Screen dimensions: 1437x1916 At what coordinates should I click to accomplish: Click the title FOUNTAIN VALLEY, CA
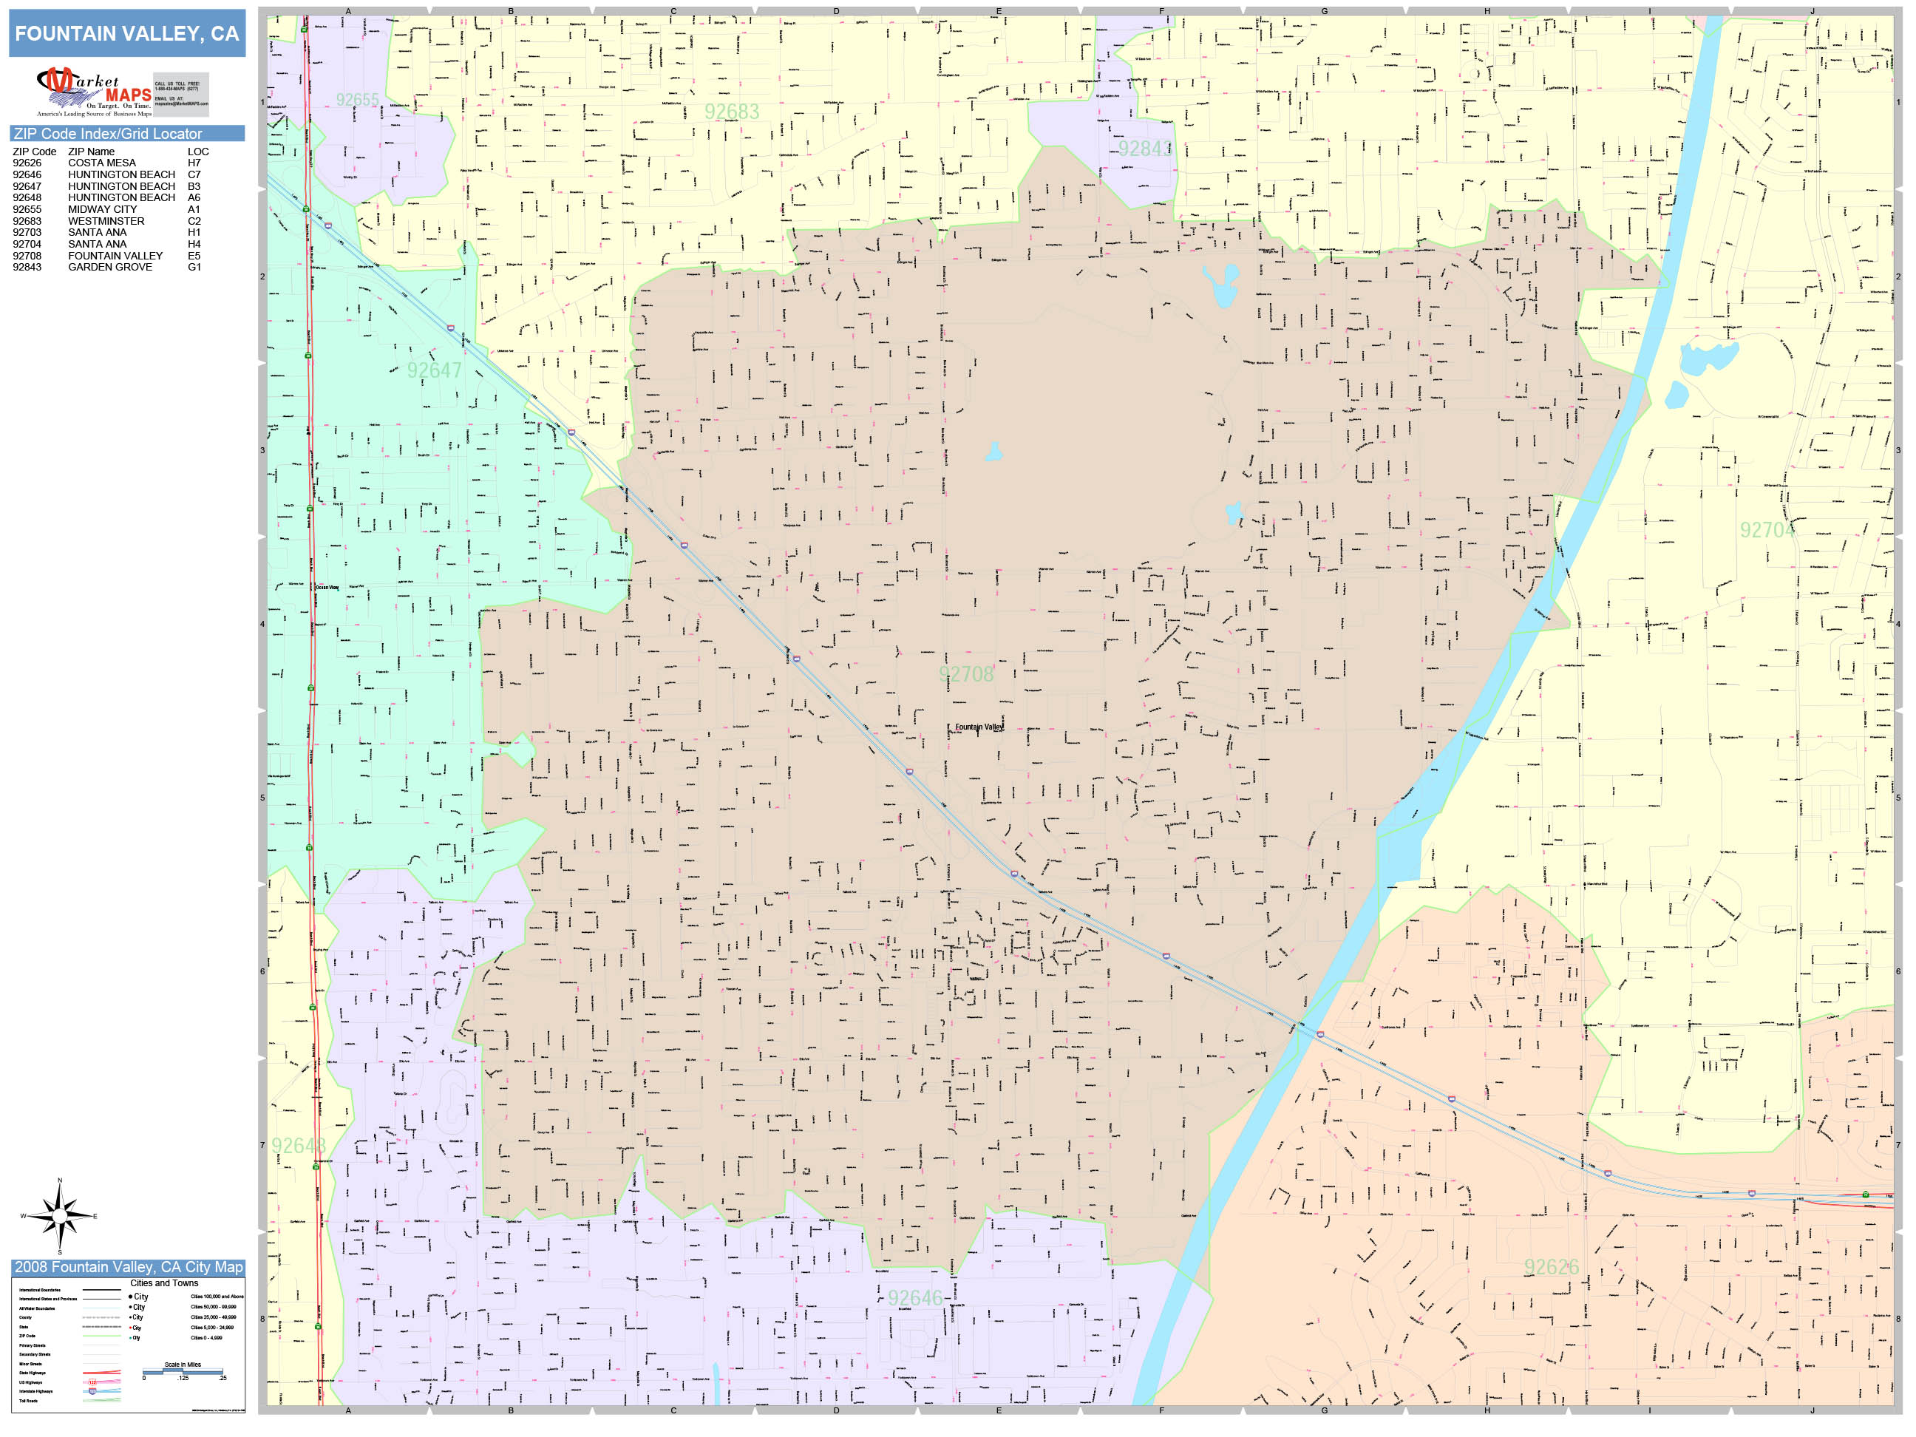[126, 34]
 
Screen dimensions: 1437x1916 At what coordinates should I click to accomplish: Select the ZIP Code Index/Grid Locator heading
[107, 133]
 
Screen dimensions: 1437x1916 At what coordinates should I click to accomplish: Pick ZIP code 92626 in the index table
[27, 163]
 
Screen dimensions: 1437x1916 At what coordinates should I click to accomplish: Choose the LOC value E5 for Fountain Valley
[194, 256]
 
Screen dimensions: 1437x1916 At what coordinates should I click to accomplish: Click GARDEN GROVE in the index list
[110, 267]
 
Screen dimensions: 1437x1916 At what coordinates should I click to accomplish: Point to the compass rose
[59, 1216]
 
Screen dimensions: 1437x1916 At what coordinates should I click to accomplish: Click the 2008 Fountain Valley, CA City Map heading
[128, 1267]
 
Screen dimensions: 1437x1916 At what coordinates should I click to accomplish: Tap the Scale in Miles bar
[183, 1371]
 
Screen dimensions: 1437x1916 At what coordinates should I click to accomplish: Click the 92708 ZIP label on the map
[966, 674]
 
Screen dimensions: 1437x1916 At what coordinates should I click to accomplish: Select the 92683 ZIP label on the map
[731, 112]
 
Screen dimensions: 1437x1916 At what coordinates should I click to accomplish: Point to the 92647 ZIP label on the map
[434, 371]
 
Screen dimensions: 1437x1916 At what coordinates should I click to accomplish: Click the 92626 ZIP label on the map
[1552, 1267]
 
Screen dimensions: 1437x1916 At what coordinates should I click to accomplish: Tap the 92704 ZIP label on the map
[1766, 530]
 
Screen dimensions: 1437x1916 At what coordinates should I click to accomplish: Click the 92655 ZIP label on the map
[358, 100]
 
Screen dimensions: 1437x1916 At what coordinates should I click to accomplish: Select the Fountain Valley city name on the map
[979, 727]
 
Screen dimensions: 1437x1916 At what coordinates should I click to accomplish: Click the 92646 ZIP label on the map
[914, 1297]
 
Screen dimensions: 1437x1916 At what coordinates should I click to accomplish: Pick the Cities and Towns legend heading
[163, 1283]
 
